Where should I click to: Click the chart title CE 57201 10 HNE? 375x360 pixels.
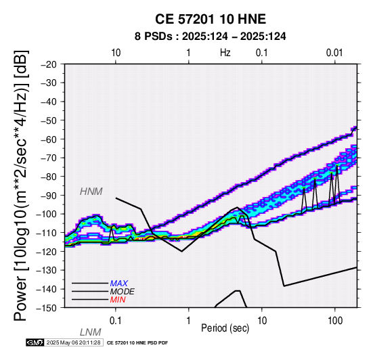[211, 19]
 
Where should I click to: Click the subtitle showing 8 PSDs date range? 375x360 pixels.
[211, 37]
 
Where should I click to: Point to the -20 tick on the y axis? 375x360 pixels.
[49, 64]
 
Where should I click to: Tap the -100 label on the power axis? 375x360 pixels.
[46, 214]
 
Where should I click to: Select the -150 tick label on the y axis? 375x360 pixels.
[46, 308]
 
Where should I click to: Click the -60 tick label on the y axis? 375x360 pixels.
[49, 139]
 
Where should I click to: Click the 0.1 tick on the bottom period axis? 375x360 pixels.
[116, 321]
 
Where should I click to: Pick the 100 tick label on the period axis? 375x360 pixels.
[335, 321]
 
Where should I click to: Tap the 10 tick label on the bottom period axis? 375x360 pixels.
[262, 321]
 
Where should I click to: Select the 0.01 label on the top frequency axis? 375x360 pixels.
[334, 53]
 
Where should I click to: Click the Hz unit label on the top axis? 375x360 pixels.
[225, 53]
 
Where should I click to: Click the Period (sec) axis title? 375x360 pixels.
[225, 328]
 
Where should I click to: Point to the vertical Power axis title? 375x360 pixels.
[21, 185]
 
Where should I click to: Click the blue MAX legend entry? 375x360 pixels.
[119, 284]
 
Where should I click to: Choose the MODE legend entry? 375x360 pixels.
[123, 292]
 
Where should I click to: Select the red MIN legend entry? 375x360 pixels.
[118, 300]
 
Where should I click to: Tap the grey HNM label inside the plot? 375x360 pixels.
[91, 192]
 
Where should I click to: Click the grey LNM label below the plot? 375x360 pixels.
[91, 332]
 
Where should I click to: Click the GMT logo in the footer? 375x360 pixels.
[35, 342]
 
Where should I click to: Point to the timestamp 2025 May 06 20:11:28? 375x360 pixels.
[74, 342]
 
